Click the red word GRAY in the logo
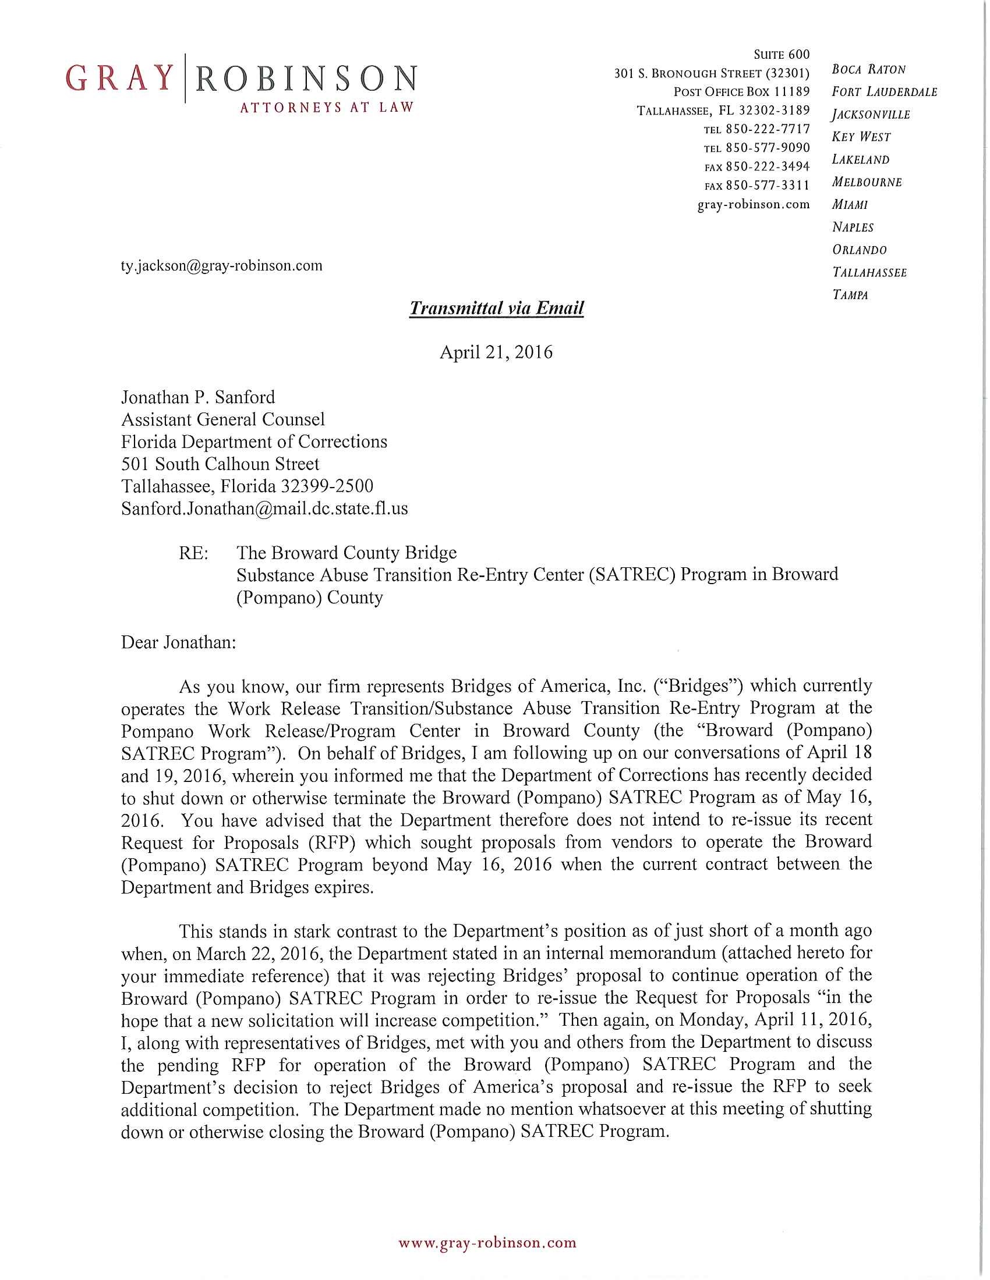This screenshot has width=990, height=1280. (x=119, y=79)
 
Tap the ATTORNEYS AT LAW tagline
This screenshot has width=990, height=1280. (x=327, y=107)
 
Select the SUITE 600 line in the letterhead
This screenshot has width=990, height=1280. (x=781, y=55)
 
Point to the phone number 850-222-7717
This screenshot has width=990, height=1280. (x=768, y=129)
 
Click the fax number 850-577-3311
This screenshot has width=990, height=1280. (x=768, y=185)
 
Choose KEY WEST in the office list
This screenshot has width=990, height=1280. (x=861, y=137)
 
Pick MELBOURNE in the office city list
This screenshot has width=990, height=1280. (x=867, y=182)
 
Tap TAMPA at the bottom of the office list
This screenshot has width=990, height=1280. (x=850, y=295)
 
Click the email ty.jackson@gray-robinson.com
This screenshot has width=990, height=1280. (x=222, y=265)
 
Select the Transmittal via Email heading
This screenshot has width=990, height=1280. (x=496, y=308)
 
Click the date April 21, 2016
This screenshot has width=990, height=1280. (x=496, y=352)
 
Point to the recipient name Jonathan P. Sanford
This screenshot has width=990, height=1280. (x=197, y=397)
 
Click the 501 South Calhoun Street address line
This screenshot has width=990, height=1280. (x=220, y=464)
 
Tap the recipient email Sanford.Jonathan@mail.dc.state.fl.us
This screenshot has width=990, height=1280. (x=264, y=508)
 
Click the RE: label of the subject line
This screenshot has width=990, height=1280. (x=193, y=553)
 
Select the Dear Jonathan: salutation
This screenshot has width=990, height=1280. (x=178, y=642)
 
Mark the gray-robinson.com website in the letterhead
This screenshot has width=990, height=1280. (x=753, y=205)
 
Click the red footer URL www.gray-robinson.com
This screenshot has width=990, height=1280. (x=487, y=1243)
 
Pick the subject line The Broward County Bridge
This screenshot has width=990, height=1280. (x=346, y=553)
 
